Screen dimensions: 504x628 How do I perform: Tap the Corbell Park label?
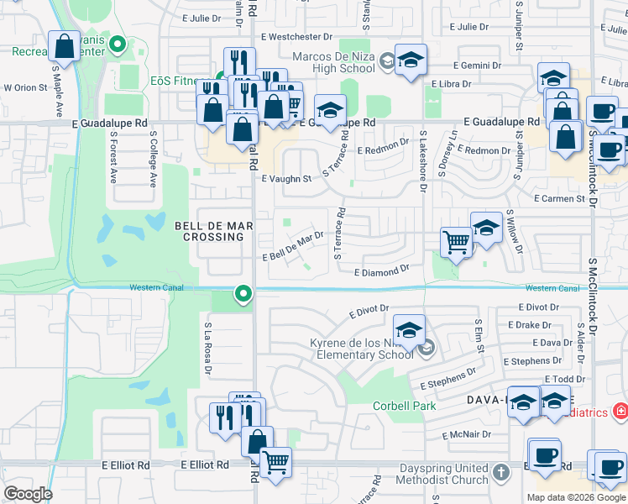(405, 407)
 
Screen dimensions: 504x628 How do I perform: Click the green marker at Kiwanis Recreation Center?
(118, 44)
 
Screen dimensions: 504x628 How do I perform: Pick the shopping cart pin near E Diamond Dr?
(456, 242)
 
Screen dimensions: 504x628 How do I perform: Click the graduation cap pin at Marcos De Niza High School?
(410, 60)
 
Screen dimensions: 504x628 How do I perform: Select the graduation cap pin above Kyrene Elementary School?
(409, 330)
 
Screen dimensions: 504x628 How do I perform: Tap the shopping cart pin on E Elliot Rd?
(275, 462)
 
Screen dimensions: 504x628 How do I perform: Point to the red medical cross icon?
(620, 412)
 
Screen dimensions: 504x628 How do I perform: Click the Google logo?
(27, 493)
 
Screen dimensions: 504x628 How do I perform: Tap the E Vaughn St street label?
(286, 179)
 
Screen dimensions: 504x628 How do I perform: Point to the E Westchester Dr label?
(297, 37)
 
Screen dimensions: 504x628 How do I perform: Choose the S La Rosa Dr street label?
(207, 346)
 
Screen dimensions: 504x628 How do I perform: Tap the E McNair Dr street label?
(466, 435)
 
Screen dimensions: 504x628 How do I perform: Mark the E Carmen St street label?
(559, 199)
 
